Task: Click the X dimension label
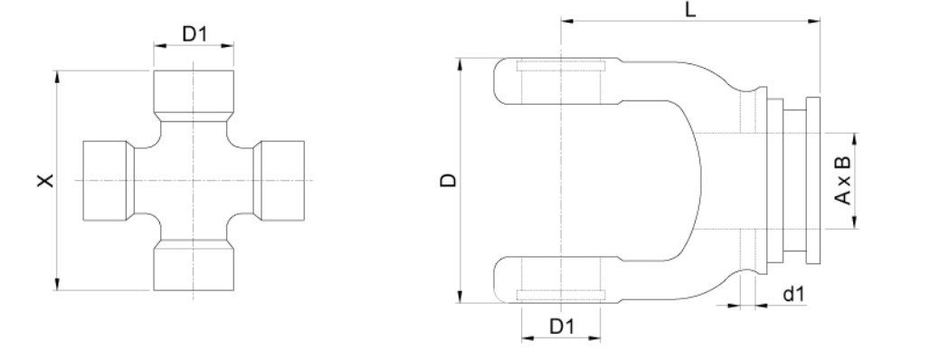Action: click(x=45, y=180)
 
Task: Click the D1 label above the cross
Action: click(x=194, y=34)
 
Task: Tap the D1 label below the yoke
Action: click(x=562, y=327)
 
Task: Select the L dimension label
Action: click(x=691, y=10)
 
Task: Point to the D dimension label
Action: click(x=448, y=180)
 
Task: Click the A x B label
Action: click(x=842, y=180)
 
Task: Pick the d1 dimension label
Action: click(x=794, y=294)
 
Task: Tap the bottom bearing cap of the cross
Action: click(x=194, y=265)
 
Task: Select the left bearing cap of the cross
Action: click(x=109, y=180)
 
